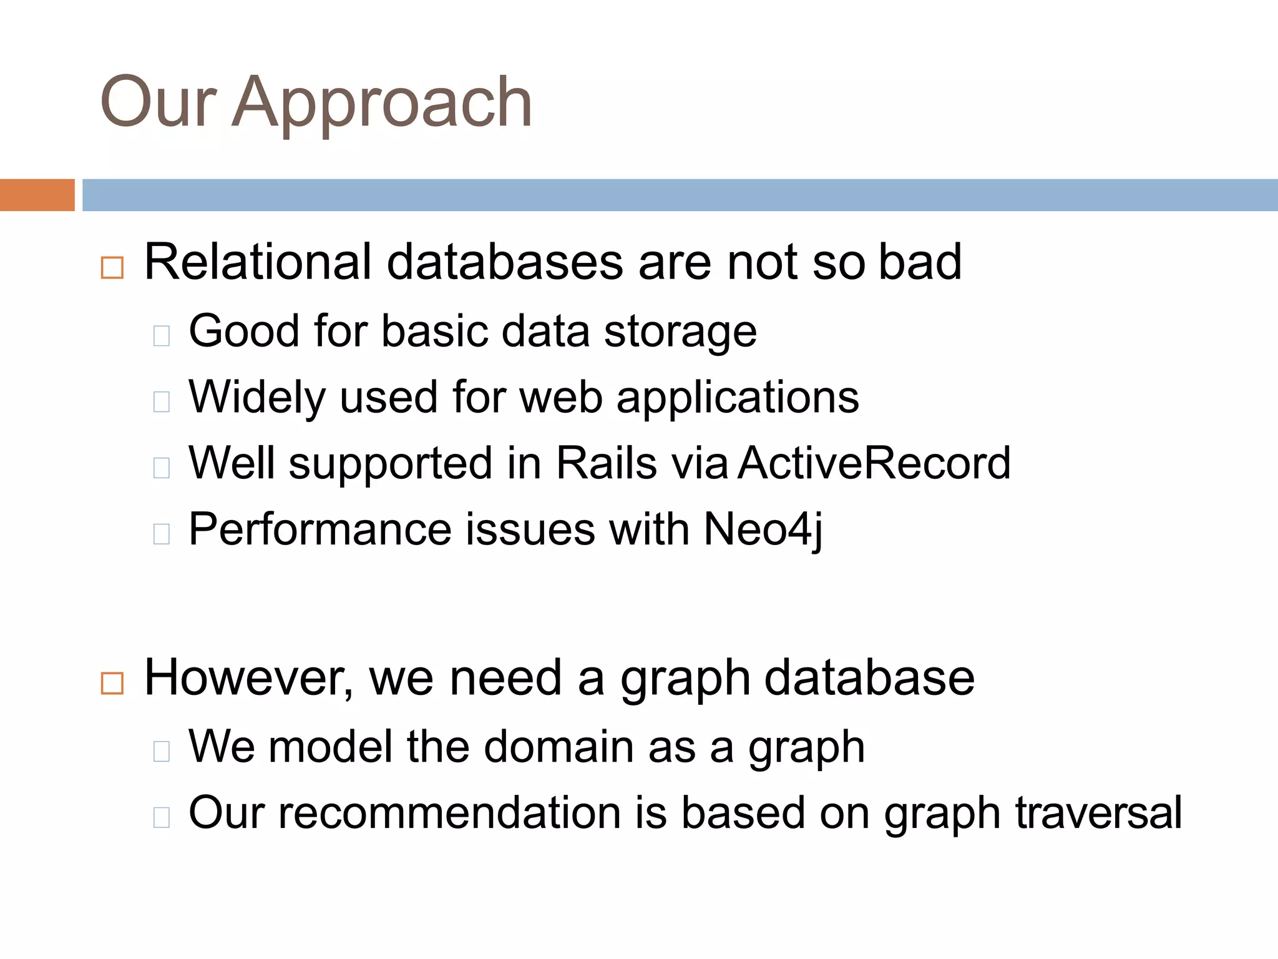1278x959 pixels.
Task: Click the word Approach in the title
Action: point(382,103)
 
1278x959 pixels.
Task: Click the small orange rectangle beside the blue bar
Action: point(37,195)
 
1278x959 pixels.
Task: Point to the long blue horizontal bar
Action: point(679,195)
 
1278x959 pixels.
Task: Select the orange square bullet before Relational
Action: point(112,268)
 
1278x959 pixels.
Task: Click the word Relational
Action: point(257,262)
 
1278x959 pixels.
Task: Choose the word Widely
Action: point(256,398)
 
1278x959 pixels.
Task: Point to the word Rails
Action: point(606,463)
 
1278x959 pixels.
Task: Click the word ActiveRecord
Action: point(874,463)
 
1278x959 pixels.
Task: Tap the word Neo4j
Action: point(763,529)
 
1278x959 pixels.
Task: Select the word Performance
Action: point(319,529)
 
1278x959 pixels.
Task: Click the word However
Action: point(247,678)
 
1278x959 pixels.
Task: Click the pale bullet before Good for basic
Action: point(162,336)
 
